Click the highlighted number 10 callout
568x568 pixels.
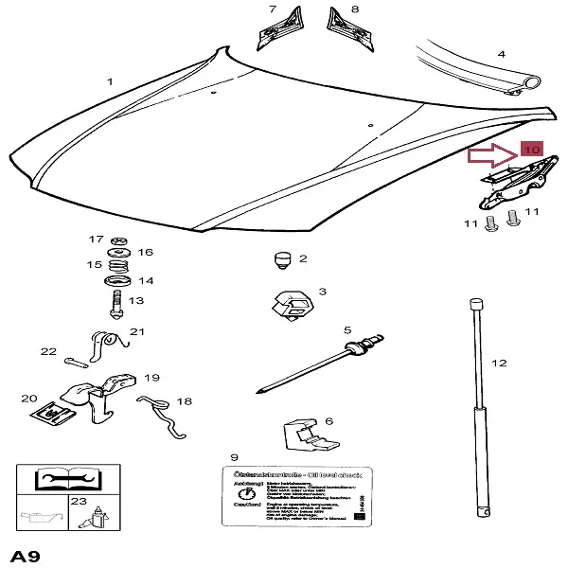coord(530,151)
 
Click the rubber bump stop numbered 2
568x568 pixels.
coord(280,257)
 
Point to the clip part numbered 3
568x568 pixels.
coord(291,306)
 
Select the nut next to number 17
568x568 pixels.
coord(118,240)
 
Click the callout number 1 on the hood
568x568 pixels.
coord(110,82)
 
